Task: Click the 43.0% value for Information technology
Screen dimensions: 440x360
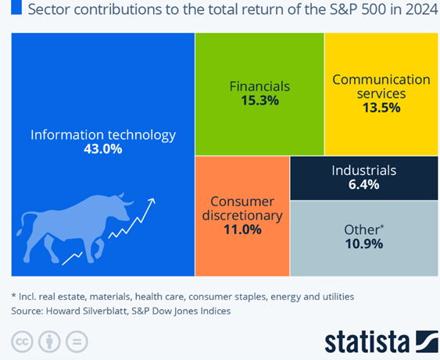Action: point(103,148)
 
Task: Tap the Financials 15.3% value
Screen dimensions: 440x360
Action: point(259,101)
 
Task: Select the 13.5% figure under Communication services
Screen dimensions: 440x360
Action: point(381,108)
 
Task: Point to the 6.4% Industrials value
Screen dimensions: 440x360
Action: point(363,184)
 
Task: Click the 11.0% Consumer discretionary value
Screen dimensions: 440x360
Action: point(242,230)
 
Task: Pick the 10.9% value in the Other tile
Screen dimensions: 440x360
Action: point(364,244)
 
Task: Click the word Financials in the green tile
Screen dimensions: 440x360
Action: point(259,87)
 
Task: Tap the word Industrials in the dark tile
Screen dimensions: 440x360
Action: point(364,170)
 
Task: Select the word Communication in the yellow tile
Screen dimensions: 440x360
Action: point(381,80)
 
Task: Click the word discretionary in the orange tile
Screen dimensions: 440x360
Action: point(242,216)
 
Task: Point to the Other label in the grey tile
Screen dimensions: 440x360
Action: point(362,230)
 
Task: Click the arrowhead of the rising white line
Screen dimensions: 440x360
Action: point(152,201)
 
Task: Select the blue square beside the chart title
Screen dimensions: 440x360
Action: point(16,7)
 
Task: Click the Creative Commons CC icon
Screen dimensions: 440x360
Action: point(22,342)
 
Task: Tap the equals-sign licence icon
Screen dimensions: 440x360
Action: point(77,342)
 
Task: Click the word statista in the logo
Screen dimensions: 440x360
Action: point(367,342)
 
